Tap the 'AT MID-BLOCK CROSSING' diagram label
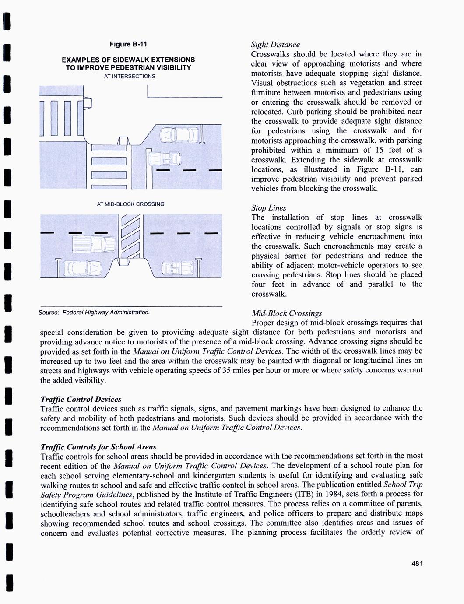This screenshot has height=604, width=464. click(x=130, y=204)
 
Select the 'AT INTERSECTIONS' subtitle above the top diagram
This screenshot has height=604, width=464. click(x=129, y=76)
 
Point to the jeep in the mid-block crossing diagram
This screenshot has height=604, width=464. click(x=175, y=267)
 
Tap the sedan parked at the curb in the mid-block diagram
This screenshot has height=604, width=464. click(x=81, y=268)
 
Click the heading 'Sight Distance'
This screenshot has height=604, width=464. click(x=275, y=45)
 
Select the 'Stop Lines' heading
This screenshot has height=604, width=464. click(x=269, y=208)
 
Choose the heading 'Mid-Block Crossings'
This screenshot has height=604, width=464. click(x=287, y=313)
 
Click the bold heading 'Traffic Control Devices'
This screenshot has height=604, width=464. click(x=81, y=399)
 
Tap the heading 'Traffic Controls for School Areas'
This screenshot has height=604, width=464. click(x=98, y=447)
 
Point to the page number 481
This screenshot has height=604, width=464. click(x=417, y=564)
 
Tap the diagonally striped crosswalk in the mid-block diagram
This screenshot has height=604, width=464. click(x=130, y=238)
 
